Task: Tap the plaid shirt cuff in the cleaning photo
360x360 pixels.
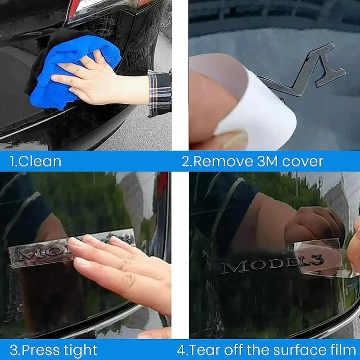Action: point(160,94)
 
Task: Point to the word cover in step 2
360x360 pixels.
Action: point(302,162)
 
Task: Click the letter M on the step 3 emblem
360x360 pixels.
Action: point(26,255)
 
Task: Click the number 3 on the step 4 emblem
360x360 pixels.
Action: point(318,260)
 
